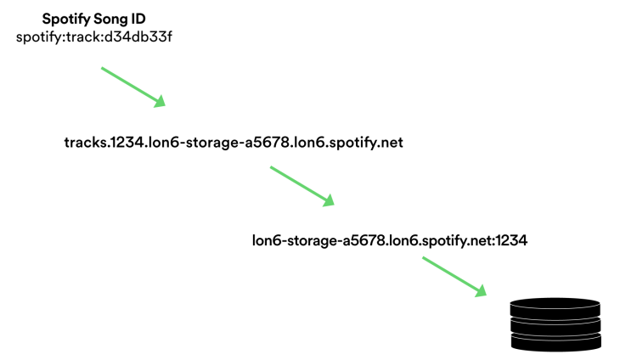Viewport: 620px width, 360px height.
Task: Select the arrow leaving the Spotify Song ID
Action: tap(131, 86)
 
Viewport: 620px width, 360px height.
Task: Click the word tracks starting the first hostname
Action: tap(83, 143)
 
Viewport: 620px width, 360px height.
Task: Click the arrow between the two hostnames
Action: tap(302, 185)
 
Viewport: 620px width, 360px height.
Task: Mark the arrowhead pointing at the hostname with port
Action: tap(329, 200)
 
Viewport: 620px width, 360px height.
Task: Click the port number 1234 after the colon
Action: tap(512, 240)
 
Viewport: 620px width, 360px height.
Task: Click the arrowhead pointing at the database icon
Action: tap(482, 290)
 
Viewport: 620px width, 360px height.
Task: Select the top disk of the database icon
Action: tap(555, 307)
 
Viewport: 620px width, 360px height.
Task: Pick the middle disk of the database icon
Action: tap(555, 323)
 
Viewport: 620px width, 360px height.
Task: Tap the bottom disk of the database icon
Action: tap(555, 340)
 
